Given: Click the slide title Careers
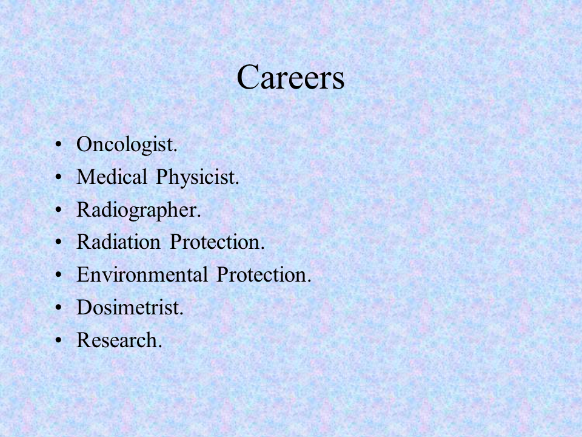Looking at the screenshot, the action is point(290,77).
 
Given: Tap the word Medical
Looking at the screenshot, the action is point(112,177).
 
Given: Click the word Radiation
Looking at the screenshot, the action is point(118,242).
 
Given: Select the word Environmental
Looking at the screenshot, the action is point(142,274).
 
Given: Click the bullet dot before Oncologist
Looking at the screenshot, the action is point(58,144).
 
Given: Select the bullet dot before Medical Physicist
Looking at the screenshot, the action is point(58,177).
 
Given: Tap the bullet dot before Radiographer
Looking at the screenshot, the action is point(58,209).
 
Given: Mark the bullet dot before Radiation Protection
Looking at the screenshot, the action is point(58,242).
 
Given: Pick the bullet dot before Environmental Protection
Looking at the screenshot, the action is point(58,275).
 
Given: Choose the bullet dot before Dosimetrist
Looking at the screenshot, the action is point(58,308).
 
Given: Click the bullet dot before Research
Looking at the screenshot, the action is point(58,340).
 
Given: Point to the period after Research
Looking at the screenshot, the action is point(160,347).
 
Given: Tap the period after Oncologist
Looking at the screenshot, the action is point(176,151).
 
